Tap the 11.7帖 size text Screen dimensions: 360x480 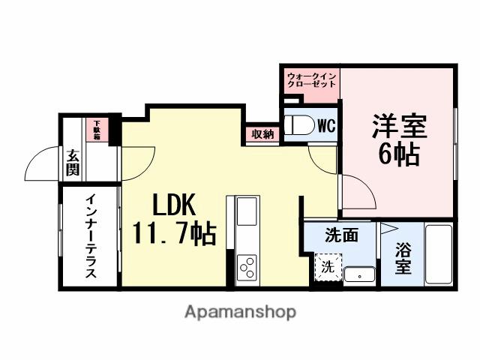point(175,233)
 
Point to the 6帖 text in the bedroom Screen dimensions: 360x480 point(398,154)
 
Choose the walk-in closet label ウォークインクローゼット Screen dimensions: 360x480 point(311,79)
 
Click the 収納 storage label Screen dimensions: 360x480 point(262,135)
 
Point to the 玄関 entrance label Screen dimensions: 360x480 point(72,163)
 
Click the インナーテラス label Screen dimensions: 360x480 point(89,236)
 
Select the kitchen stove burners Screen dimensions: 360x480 point(247,267)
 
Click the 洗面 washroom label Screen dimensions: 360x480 point(340,235)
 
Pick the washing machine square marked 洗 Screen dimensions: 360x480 point(328,265)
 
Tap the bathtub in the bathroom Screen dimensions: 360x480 point(438,255)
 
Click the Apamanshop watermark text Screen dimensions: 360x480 point(240,311)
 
